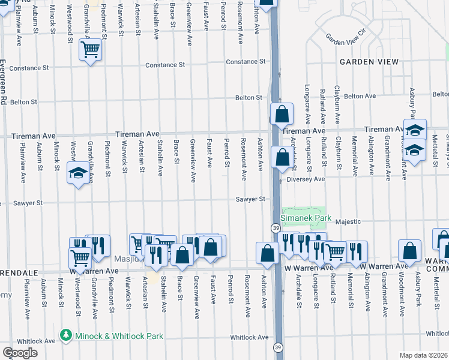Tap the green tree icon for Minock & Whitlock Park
point(66,335)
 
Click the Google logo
point(20,352)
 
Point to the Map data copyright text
point(423,355)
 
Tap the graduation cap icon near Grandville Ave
point(77,173)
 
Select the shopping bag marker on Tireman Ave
point(281,113)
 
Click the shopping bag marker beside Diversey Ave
point(282,157)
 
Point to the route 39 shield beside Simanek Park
point(275,228)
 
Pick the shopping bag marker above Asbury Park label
point(410,251)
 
